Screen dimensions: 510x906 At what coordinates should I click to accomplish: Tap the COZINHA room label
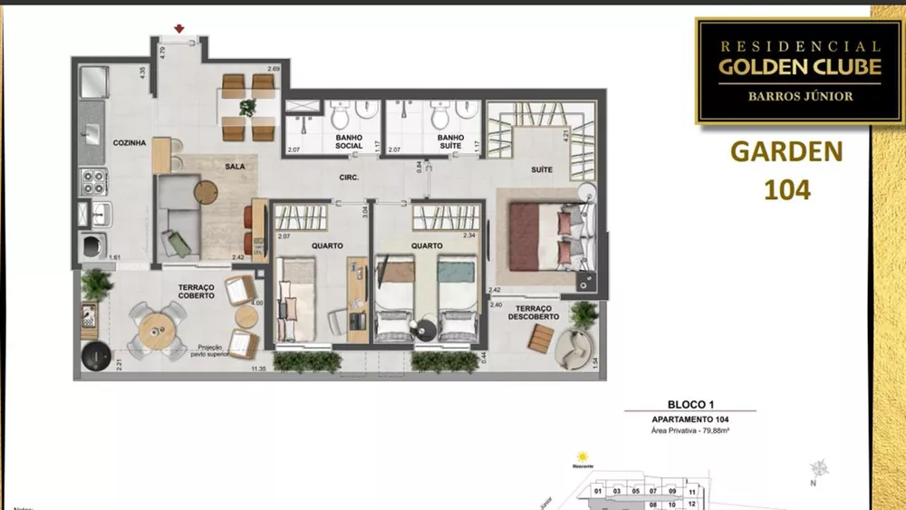tap(130, 143)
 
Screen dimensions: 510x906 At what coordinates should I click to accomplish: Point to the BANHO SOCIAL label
tap(349, 141)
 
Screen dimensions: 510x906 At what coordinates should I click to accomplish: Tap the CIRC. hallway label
tap(351, 178)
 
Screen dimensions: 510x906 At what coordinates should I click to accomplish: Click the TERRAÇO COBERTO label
tap(196, 291)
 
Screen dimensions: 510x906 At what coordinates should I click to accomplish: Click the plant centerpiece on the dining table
tap(247, 107)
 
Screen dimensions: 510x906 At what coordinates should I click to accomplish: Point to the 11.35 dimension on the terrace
tap(258, 369)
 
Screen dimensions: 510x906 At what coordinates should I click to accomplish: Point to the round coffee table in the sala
tap(206, 191)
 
